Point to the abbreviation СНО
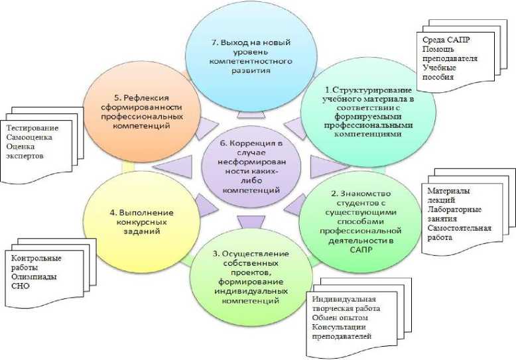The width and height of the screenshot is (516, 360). (21, 286)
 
